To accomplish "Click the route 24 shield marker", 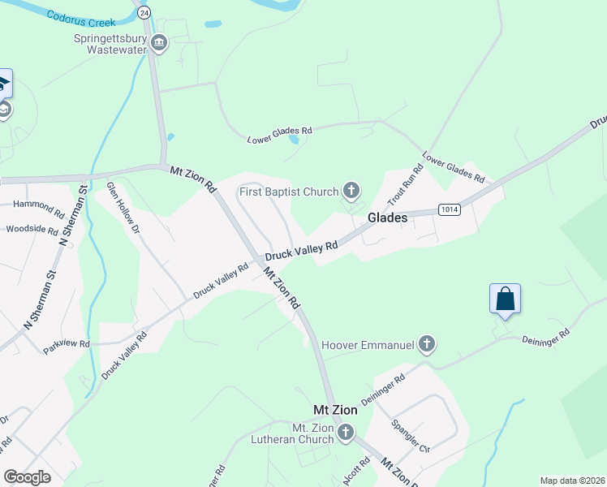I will tap(144, 12).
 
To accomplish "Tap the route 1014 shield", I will tap(450, 209).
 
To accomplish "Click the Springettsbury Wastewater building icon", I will tap(159, 43).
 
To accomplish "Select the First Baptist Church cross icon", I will tap(351, 192).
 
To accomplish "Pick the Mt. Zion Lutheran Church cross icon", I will tap(346, 432).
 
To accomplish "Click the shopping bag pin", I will tap(505, 299).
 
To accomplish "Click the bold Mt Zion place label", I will tap(336, 411).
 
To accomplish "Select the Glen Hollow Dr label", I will tap(123, 208).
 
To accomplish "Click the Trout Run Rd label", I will tap(407, 185).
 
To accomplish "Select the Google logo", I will tap(27, 477).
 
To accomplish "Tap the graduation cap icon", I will tap(3, 82).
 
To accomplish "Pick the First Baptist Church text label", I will tap(288, 192).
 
